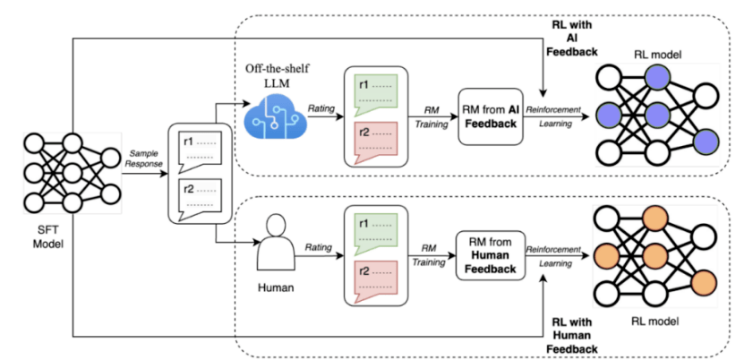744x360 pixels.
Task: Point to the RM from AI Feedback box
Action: coord(488,116)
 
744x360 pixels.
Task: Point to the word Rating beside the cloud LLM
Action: coord(321,107)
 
